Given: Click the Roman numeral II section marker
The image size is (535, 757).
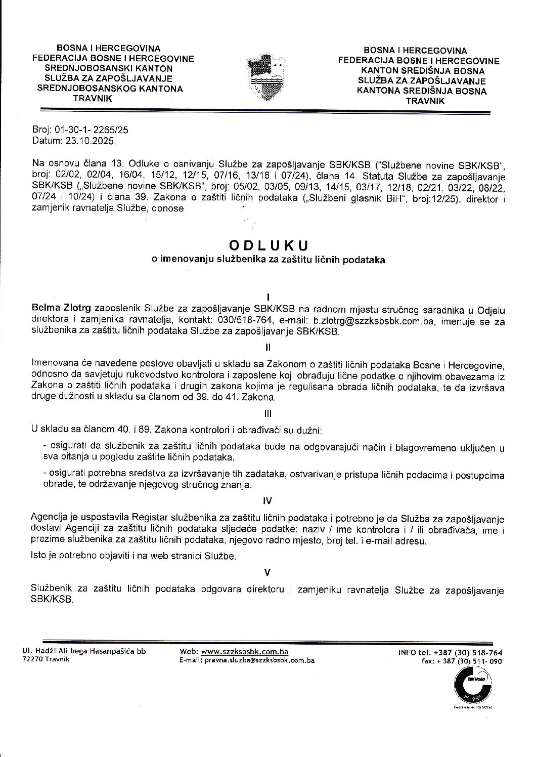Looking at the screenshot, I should pyautogui.click(x=268, y=348).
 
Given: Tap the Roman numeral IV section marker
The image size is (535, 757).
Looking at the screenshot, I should pyautogui.click(x=268, y=500).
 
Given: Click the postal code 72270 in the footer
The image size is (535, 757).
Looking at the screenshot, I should pyautogui.click(x=41, y=660).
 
